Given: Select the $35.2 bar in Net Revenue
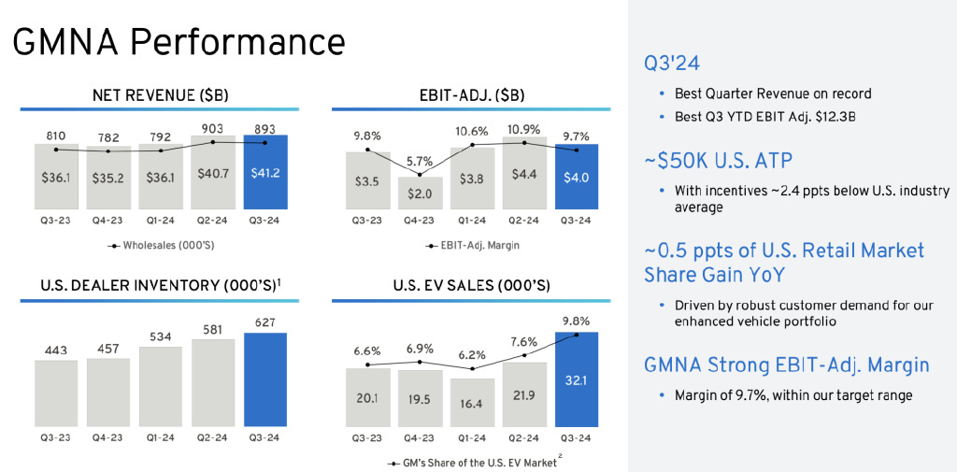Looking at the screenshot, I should (109, 179).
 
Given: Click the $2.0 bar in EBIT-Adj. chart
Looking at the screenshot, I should (420, 193).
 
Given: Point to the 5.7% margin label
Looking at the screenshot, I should (420, 161).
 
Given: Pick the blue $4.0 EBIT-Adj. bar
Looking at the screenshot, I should (577, 177).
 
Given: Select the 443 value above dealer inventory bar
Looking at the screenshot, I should (57, 350).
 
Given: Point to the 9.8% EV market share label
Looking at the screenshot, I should (577, 321).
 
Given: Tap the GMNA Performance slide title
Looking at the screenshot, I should (178, 42).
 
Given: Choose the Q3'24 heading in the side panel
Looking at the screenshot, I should (672, 64).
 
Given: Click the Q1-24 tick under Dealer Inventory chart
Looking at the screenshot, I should (162, 436).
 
